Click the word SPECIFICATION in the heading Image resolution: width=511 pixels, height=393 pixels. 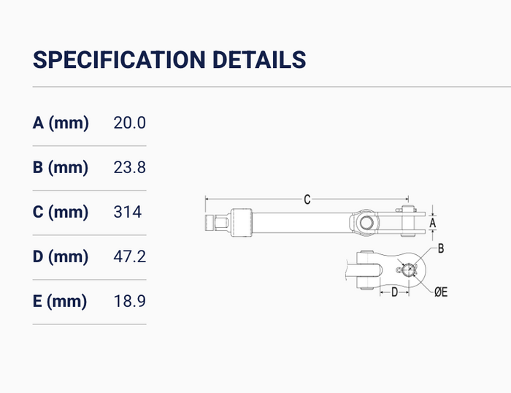pyautogui.click(x=119, y=60)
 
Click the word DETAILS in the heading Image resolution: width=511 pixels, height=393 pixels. pyautogui.click(x=259, y=60)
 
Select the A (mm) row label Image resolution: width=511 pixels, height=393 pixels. pyautogui.click(x=61, y=123)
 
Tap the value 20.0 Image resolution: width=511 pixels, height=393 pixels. pyautogui.click(x=129, y=123)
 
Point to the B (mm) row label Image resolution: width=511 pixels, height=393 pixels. pyautogui.click(x=61, y=167)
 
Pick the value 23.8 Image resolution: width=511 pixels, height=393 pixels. pyautogui.click(x=129, y=167)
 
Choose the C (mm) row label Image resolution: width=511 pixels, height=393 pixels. pyautogui.click(x=61, y=212)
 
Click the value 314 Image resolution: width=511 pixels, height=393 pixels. pyautogui.click(x=128, y=212)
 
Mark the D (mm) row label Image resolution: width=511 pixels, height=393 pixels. pyautogui.click(x=61, y=256)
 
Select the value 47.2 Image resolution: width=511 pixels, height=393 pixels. pyautogui.click(x=129, y=256)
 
